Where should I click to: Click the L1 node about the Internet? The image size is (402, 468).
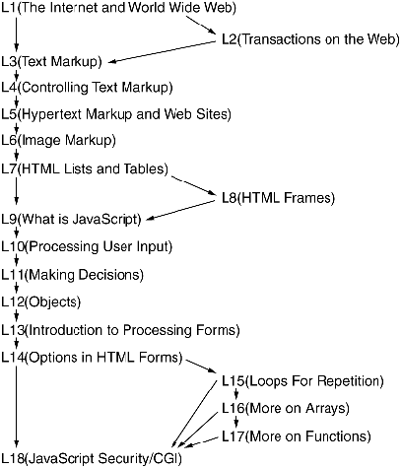tap(118, 8)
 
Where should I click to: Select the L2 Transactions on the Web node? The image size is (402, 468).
tap(310, 39)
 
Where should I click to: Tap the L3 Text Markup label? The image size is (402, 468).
tap(51, 61)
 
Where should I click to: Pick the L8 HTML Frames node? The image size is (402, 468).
tap(278, 198)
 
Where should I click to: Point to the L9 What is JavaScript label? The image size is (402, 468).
tap(71, 219)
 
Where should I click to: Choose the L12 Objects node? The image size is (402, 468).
tap(41, 301)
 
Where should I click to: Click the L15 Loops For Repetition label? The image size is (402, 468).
tap(302, 381)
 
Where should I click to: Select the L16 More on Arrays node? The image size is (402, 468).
tap(286, 408)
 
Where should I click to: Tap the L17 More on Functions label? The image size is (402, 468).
tap(297, 436)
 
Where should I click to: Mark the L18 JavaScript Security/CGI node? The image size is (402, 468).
tap(92, 458)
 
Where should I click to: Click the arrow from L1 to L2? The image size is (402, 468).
tap(201, 25)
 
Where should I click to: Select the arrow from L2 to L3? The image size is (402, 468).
tap(162, 52)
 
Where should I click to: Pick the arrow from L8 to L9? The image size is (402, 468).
tap(180, 211)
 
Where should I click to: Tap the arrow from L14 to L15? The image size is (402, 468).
tap(201, 367)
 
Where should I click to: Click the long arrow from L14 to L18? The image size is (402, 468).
tap(16, 407)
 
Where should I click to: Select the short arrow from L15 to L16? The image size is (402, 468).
tap(235, 394)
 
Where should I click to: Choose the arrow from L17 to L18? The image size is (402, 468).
tap(202, 442)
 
